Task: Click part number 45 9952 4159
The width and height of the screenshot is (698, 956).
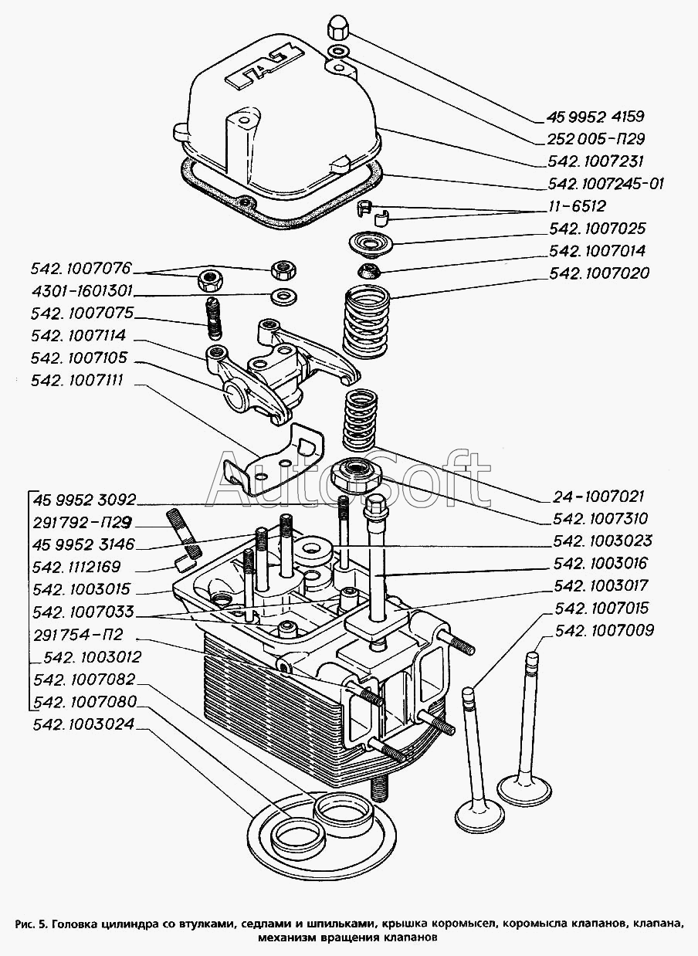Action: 595,117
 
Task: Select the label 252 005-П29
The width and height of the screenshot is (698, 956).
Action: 595,140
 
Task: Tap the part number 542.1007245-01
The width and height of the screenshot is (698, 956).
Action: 606,184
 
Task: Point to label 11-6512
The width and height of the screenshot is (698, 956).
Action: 577,206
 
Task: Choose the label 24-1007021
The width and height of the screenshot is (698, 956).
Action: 598,497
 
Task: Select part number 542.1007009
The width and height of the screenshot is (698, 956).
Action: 604,630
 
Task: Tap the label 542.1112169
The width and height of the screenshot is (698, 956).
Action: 83,567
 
